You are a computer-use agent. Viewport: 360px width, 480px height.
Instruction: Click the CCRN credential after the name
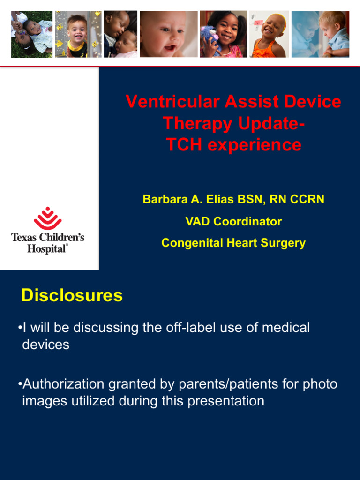click(307, 199)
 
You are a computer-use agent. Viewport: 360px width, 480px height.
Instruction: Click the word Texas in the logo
click(26, 237)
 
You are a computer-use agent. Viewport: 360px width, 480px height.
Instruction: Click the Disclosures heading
click(72, 296)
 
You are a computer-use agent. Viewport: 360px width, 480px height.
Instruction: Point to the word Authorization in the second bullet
click(63, 384)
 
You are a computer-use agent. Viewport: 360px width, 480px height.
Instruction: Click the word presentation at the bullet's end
click(226, 401)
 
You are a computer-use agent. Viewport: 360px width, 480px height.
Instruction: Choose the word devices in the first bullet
click(46, 345)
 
